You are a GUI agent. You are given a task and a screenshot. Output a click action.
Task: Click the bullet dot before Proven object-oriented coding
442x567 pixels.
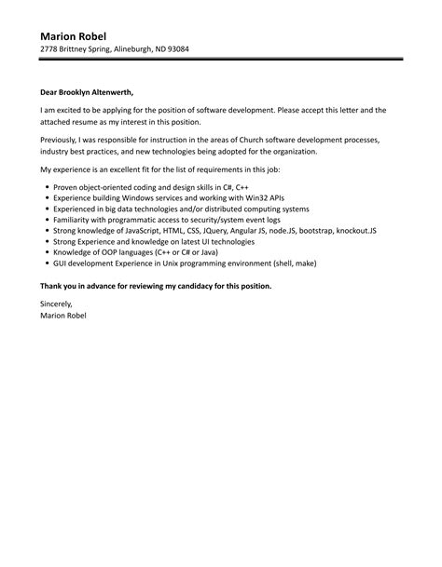pos(46,188)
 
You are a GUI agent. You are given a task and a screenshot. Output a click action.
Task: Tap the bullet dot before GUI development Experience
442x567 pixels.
pos(46,262)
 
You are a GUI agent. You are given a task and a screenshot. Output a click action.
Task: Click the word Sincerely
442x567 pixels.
pos(57,304)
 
